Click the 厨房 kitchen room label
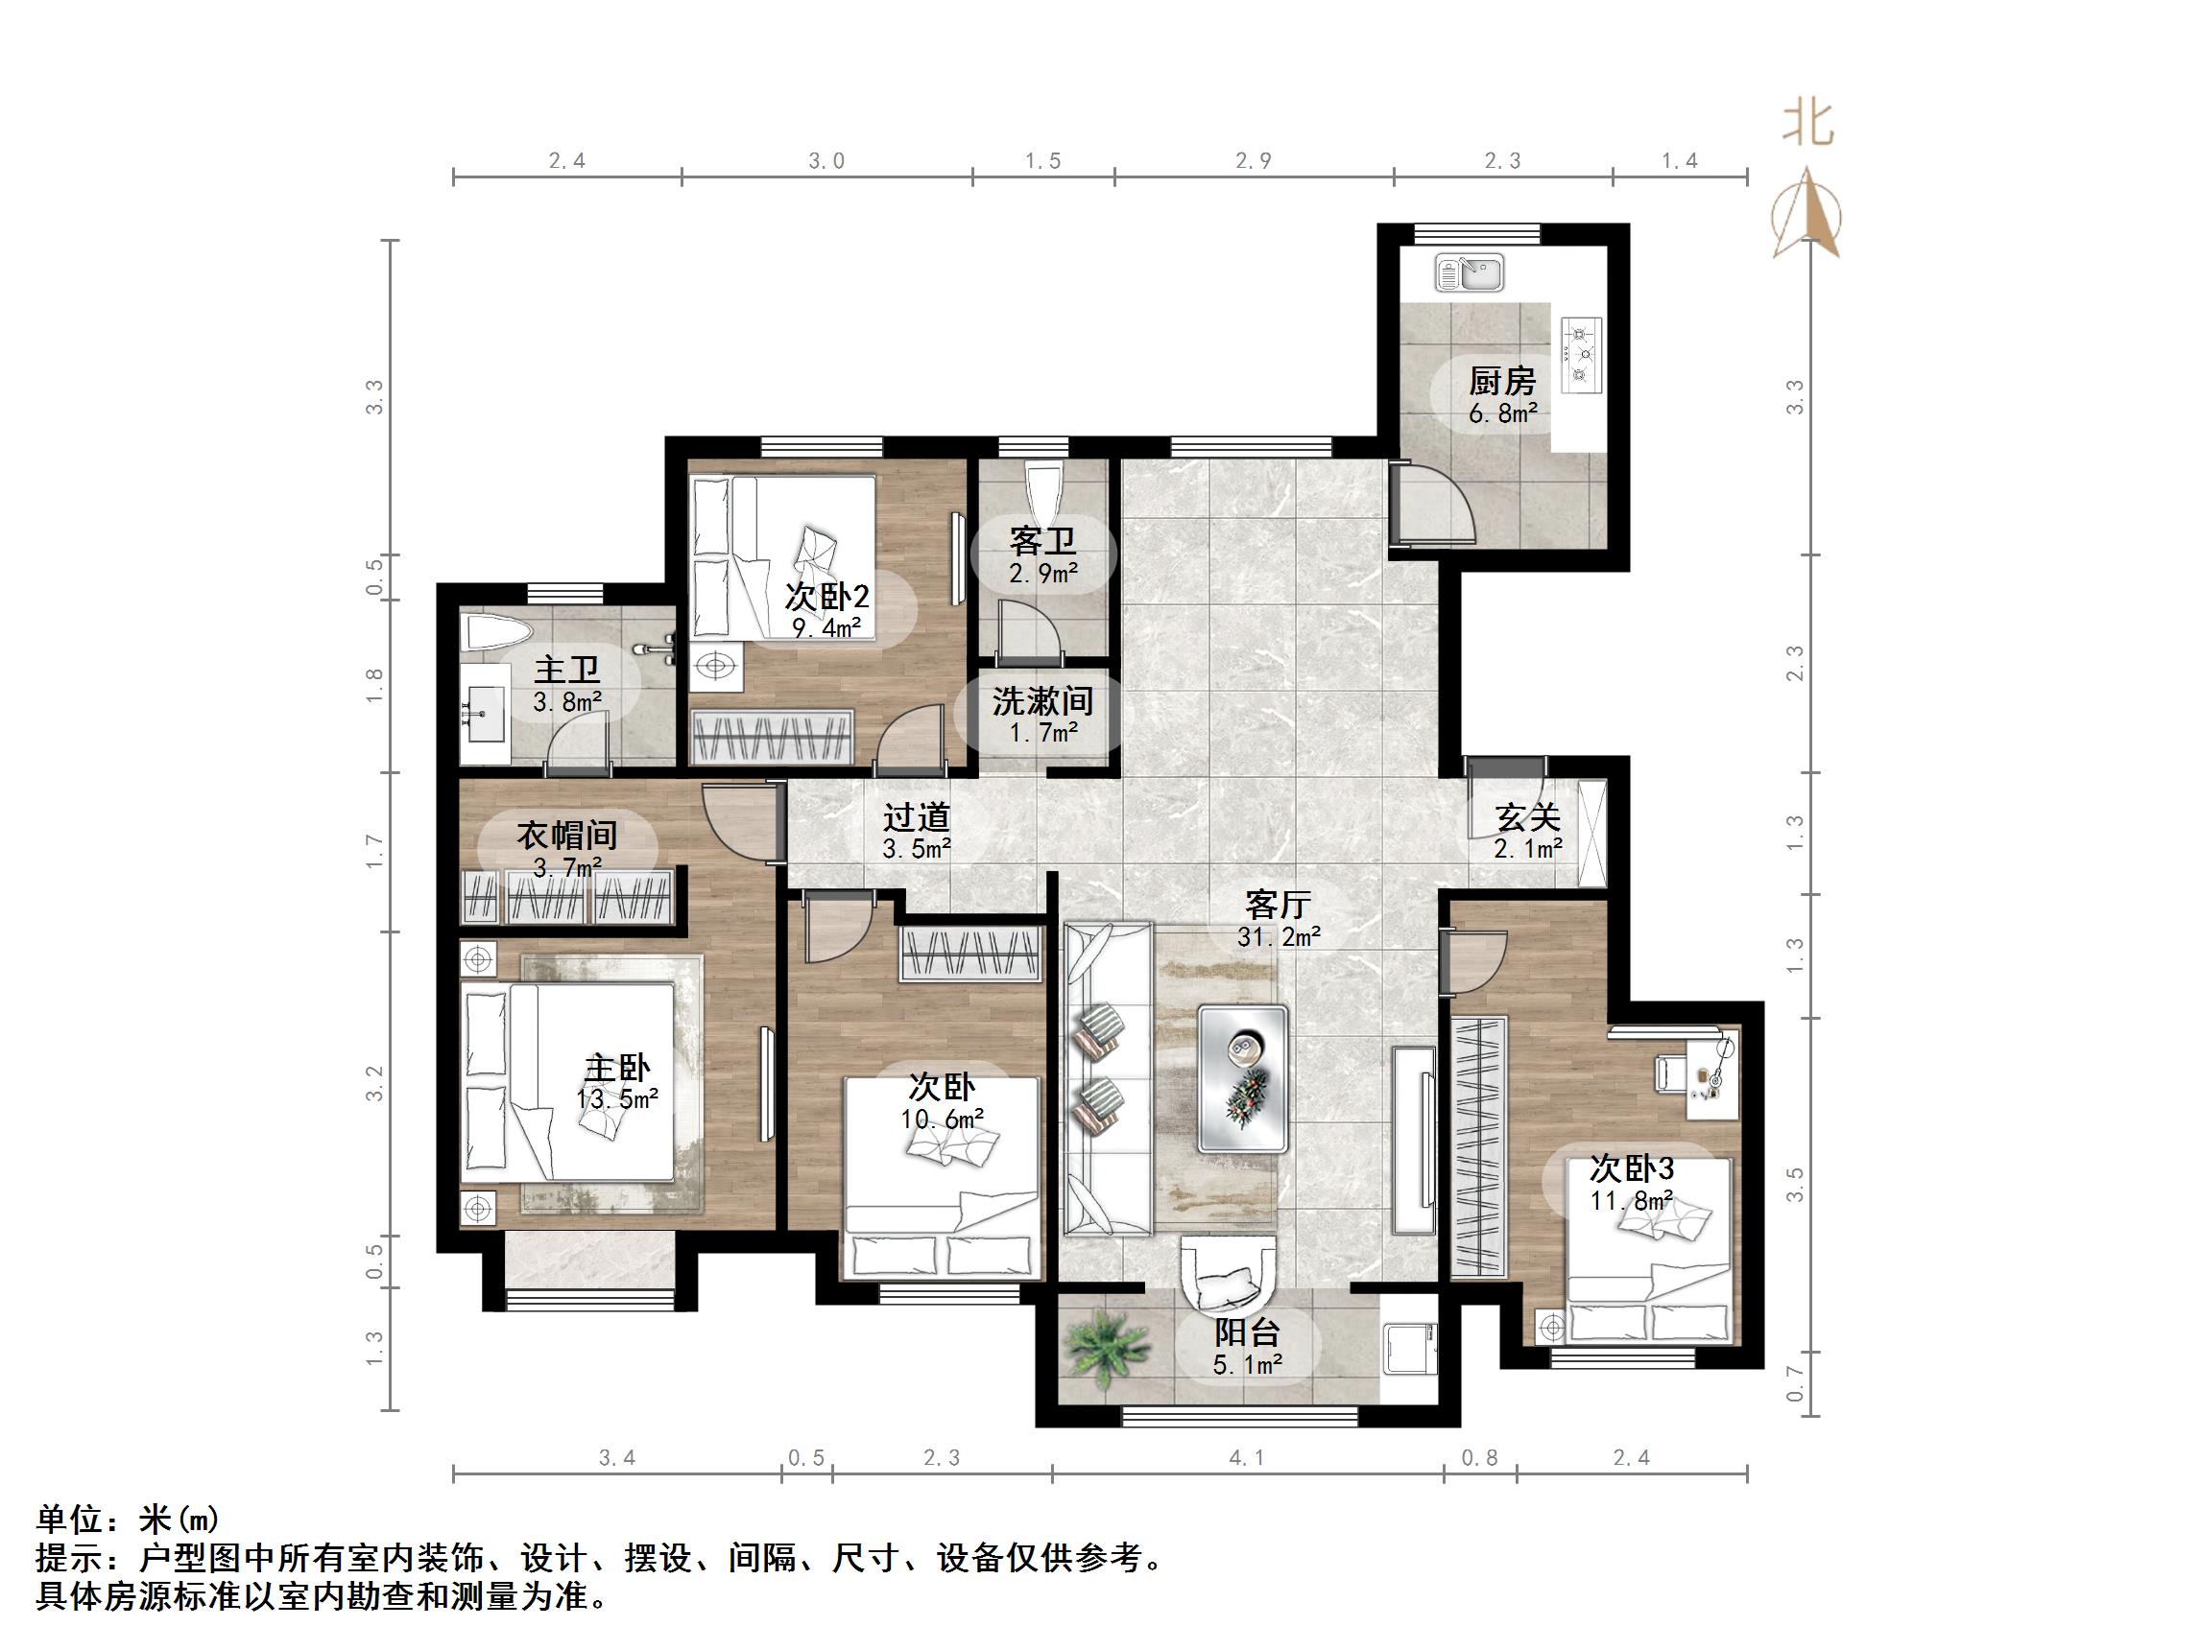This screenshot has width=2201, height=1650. pos(1501,381)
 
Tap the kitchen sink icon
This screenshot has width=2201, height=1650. pos(1470,271)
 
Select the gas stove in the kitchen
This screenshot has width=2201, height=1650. pos(1580,354)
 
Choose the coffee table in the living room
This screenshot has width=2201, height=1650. pos(1243,1078)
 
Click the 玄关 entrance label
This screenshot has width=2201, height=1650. pos(1527,817)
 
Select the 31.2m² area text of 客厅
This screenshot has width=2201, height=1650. pos(1279,936)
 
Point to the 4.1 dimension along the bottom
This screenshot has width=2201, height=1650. pos(1246,1458)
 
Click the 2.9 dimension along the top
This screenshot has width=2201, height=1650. pos(1253,161)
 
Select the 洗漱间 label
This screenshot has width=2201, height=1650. pos(1041,701)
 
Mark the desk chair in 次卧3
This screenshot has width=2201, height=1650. pos(1667,1073)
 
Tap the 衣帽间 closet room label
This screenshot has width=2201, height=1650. pos(567,835)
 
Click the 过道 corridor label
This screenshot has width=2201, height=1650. pos(917,817)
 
